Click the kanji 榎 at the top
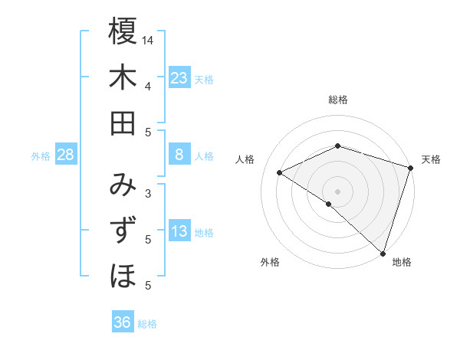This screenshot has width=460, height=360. pos(123,32)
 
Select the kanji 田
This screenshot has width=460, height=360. pos(123,123)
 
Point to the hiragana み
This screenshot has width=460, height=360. pos(123,185)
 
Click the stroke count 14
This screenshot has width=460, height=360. pos(148,40)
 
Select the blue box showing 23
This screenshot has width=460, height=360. pos(179,78)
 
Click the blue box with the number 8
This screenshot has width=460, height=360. pos(179,155)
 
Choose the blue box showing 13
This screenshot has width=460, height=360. pos(179,231)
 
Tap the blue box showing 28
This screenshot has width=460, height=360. pos(65,155)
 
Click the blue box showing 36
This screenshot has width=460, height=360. pos(122,322)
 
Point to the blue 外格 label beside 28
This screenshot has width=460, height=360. pos(41,155)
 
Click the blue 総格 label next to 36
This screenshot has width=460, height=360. pos(147,324)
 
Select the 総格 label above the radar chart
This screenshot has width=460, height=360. pos(338,100)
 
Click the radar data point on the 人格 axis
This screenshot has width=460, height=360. pos(280,173)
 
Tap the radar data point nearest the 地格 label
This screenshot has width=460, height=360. pos(383,252)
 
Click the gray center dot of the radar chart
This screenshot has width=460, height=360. pos(338,191)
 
